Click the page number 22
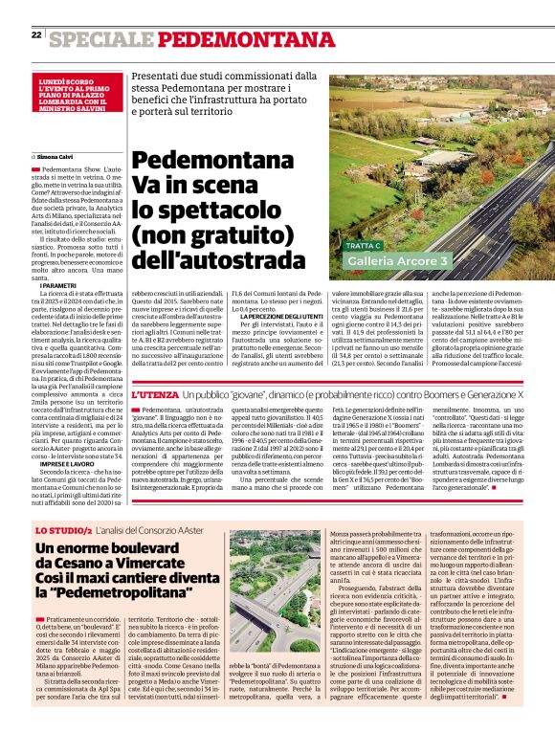pos(35,35)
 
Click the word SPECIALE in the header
pos(100,39)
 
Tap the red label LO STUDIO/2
pos(62,530)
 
